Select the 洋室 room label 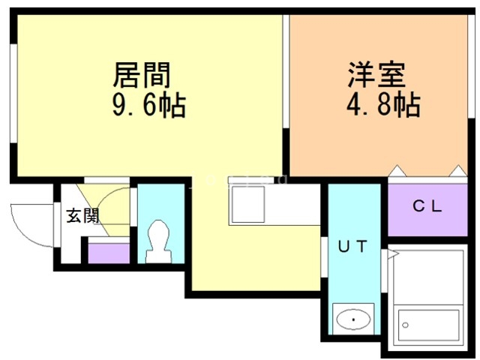click(x=376, y=75)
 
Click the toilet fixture click(x=159, y=238)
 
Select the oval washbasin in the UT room click(x=354, y=322)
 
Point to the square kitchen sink click(x=248, y=202)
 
